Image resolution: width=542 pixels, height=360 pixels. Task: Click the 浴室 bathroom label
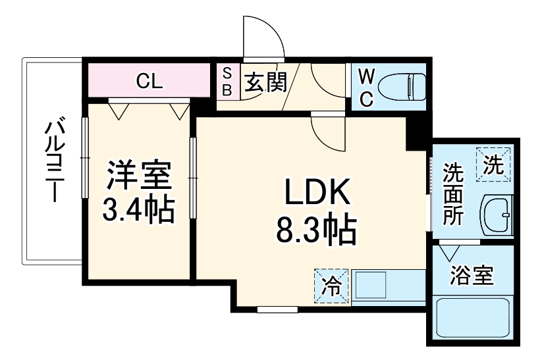[x=472, y=276]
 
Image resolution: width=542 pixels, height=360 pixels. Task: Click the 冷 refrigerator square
[x=332, y=286]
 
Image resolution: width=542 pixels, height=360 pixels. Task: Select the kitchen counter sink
[x=371, y=286]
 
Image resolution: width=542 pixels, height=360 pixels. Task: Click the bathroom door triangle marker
[x=450, y=251]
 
